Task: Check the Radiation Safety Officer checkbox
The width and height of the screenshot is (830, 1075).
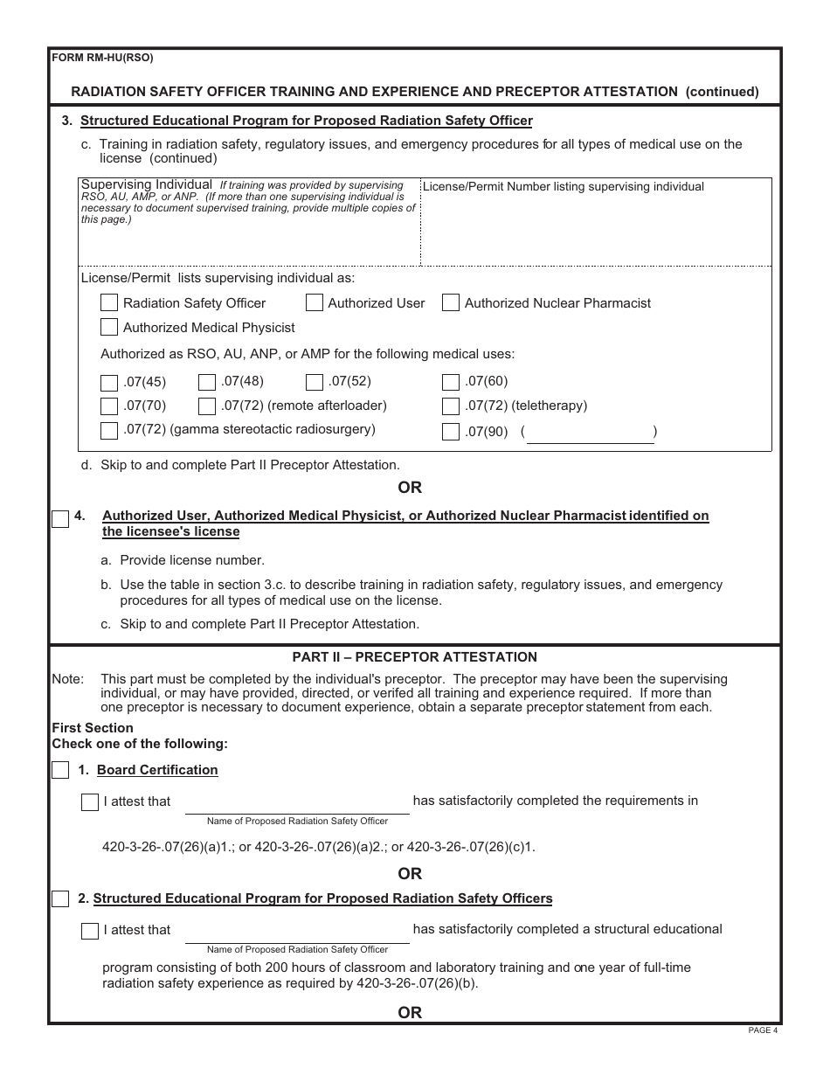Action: (x=109, y=303)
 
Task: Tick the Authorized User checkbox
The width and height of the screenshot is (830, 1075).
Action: (x=315, y=303)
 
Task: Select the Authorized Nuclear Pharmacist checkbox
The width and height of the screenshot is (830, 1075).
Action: (x=451, y=303)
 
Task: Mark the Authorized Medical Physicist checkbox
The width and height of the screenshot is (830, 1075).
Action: (x=109, y=328)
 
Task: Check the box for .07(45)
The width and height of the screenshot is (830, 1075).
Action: (x=109, y=382)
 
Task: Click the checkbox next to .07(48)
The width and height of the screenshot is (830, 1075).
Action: (x=207, y=382)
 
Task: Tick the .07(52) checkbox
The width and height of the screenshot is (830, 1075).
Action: (x=315, y=382)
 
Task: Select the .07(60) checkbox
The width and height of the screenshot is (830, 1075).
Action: (x=451, y=382)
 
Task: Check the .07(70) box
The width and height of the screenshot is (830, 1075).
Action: (x=109, y=406)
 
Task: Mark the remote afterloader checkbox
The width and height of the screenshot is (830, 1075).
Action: (x=207, y=406)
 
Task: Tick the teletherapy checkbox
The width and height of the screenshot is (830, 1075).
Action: (x=451, y=406)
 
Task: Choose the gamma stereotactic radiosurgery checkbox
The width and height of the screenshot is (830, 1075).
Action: (x=109, y=430)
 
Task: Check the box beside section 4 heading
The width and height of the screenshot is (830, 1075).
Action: (x=60, y=519)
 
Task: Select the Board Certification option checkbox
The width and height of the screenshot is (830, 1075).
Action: (x=60, y=770)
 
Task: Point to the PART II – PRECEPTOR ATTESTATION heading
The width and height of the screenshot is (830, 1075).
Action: (x=414, y=657)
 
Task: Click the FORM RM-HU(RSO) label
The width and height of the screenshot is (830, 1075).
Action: (x=103, y=59)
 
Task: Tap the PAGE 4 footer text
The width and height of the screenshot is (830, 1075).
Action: (x=763, y=1030)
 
